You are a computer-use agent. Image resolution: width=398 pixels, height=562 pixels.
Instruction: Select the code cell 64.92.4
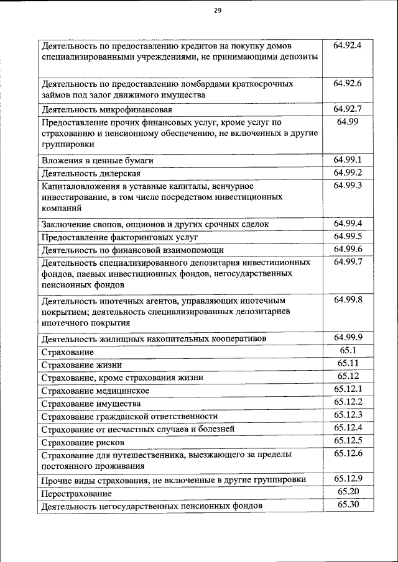(348, 45)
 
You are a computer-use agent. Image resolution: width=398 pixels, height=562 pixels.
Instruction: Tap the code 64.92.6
(348, 83)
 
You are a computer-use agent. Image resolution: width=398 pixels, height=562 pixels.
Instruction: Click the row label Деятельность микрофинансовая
(97, 109)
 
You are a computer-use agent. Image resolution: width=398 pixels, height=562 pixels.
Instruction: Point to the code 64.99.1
(348, 160)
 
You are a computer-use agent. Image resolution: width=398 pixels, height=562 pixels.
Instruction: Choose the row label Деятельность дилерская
(91, 173)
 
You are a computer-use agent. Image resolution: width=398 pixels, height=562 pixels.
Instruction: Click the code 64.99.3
(348, 185)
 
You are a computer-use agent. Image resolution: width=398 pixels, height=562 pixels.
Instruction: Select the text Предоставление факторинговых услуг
(119, 237)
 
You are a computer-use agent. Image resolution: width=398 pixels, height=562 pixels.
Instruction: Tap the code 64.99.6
(348, 249)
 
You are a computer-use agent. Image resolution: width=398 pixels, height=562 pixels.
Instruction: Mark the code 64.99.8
(348, 300)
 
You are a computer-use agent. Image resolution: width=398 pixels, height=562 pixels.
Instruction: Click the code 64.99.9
(348, 337)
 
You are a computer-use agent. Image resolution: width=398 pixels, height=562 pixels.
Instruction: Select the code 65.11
(348, 363)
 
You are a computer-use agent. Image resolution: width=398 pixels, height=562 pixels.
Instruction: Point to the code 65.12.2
(348, 402)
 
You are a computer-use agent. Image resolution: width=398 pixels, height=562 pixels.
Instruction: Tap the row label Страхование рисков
(83, 442)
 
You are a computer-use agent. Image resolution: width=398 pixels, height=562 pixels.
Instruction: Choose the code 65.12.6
(348, 453)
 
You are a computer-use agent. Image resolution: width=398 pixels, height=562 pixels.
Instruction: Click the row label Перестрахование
(76, 493)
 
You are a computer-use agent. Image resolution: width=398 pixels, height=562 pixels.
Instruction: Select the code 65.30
(348, 504)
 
